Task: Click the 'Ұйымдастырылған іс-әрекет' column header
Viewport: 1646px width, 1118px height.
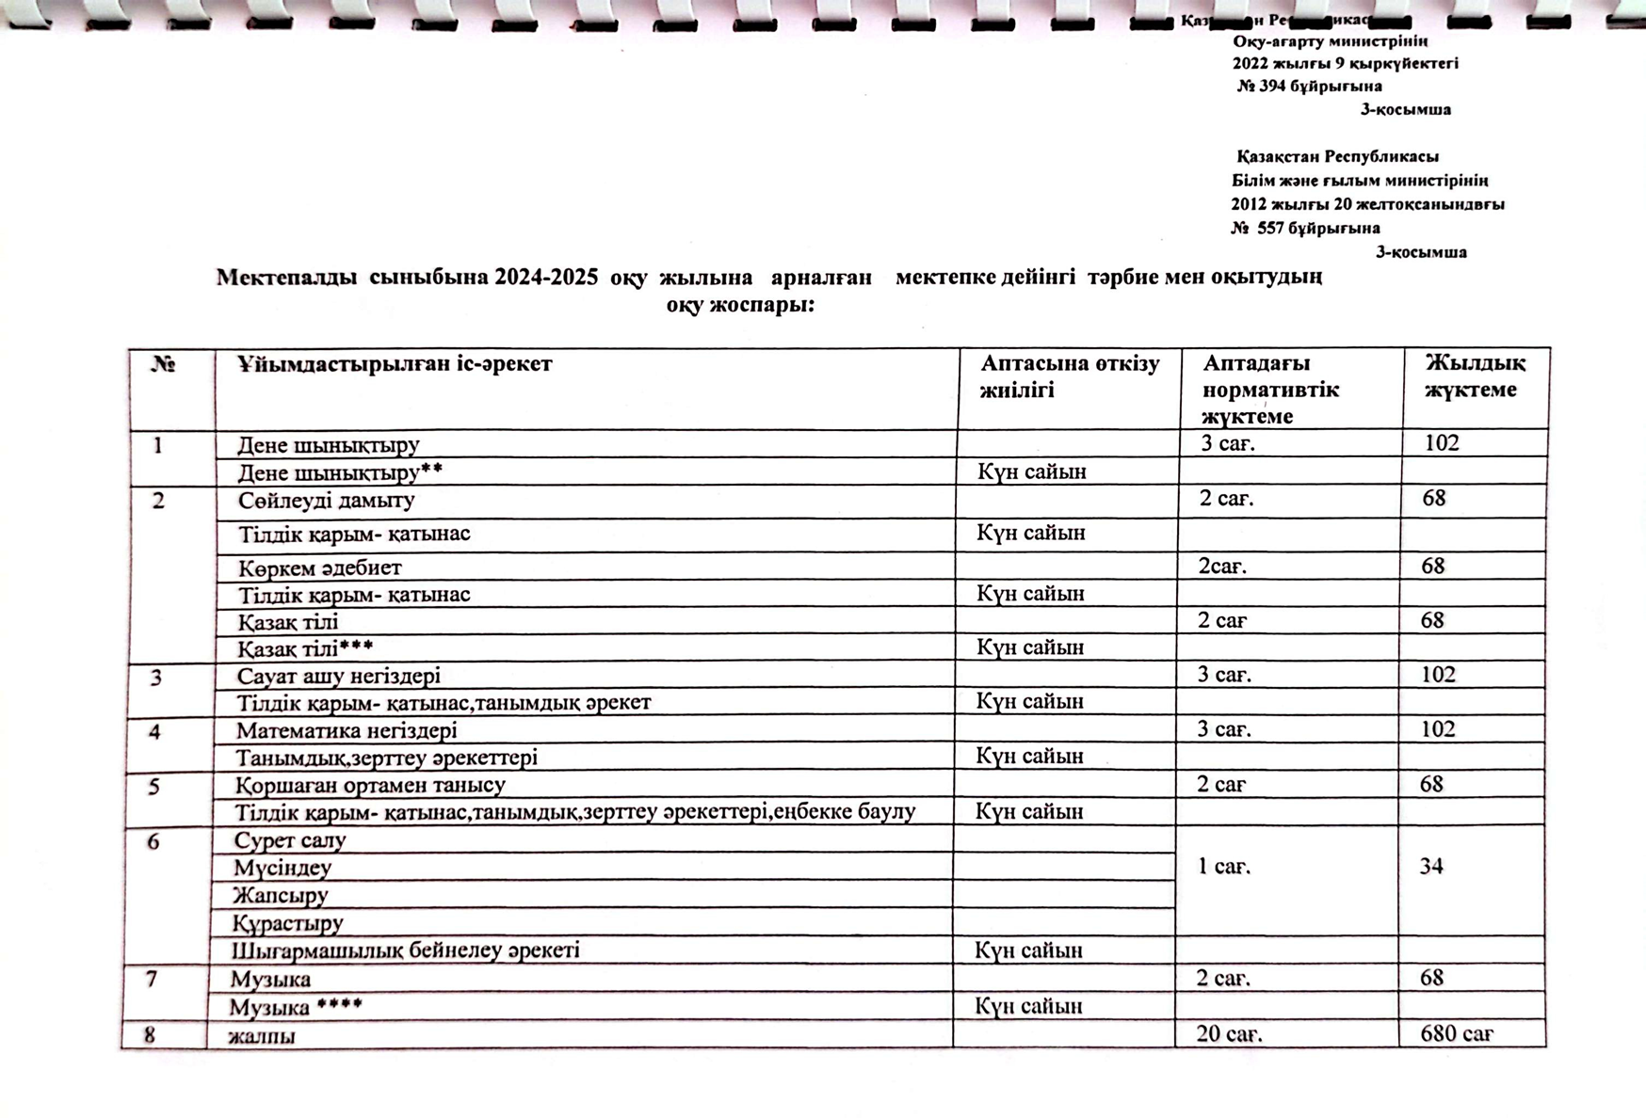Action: pyautogui.click(x=395, y=364)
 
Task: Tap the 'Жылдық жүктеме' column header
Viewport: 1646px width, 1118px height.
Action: pyautogui.click(x=1475, y=376)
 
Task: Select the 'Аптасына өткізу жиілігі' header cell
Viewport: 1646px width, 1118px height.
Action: pyautogui.click(x=1070, y=376)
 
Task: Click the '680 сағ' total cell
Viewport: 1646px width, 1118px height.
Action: pyautogui.click(x=1457, y=1034)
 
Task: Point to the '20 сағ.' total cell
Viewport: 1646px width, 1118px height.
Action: pyautogui.click(x=1229, y=1034)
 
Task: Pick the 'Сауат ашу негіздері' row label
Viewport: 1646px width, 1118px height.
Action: pyautogui.click(x=338, y=676)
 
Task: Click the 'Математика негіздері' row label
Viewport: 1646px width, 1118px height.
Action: pyautogui.click(x=347, y=730)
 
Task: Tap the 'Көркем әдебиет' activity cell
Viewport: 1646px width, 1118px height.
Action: pyautogui.click(x=319, y=567)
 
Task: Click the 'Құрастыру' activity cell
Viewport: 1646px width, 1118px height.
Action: pyautogui.click(x=288, y=923)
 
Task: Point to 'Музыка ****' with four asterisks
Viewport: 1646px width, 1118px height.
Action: pyautogui.click(x=296, y=1007)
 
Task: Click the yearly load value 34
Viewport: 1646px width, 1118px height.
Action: pyautogui.click(x=1431, y=867)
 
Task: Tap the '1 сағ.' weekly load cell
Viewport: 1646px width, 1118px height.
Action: pyautogui.click(x=1224, y=867)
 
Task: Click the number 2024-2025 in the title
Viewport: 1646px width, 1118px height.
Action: pyautogui.click(x=546, y=278)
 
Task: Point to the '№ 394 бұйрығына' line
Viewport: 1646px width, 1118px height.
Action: pyautogui.click(x=1310, y=87)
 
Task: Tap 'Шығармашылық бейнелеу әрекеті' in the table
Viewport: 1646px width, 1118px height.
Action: pyautogui.click(x=406, y=950)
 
